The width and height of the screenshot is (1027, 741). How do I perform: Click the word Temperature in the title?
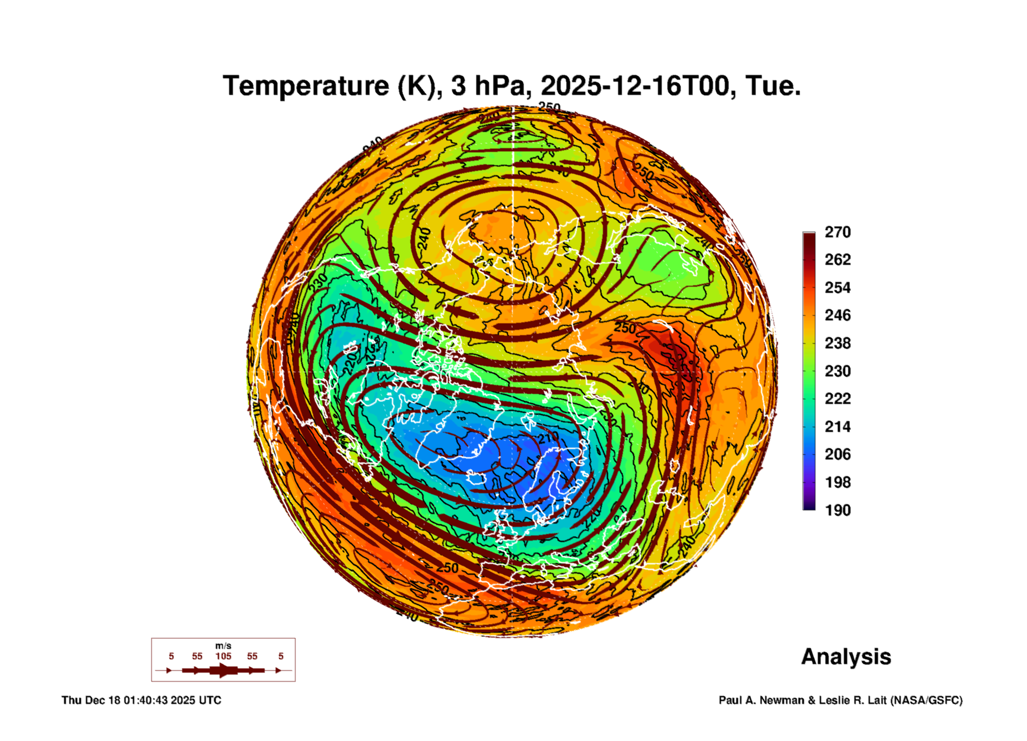[306, 86]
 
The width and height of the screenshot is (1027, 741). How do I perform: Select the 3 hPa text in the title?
[488, 86]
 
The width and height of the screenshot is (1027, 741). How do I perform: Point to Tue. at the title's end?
[773, 86]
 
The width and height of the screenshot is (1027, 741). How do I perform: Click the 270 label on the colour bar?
[837, 232]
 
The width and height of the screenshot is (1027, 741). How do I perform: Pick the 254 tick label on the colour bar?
[837, 288]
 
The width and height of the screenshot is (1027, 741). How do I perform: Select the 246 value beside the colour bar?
[837, 315]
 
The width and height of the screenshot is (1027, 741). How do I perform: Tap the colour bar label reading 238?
[837, 343]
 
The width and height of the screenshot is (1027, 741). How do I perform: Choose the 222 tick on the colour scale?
[837, 399]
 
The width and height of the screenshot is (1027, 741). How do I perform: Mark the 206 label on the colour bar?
[837, 454]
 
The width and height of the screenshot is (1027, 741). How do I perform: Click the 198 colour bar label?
[837, 482]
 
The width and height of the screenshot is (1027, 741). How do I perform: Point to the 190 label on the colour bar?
[837, 510]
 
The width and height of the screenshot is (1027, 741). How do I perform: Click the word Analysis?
[846, 657]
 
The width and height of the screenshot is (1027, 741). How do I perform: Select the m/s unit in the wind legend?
[223, 646]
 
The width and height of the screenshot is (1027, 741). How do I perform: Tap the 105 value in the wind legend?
[223, 656]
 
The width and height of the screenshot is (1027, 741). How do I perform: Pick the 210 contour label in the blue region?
[548, 437]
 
